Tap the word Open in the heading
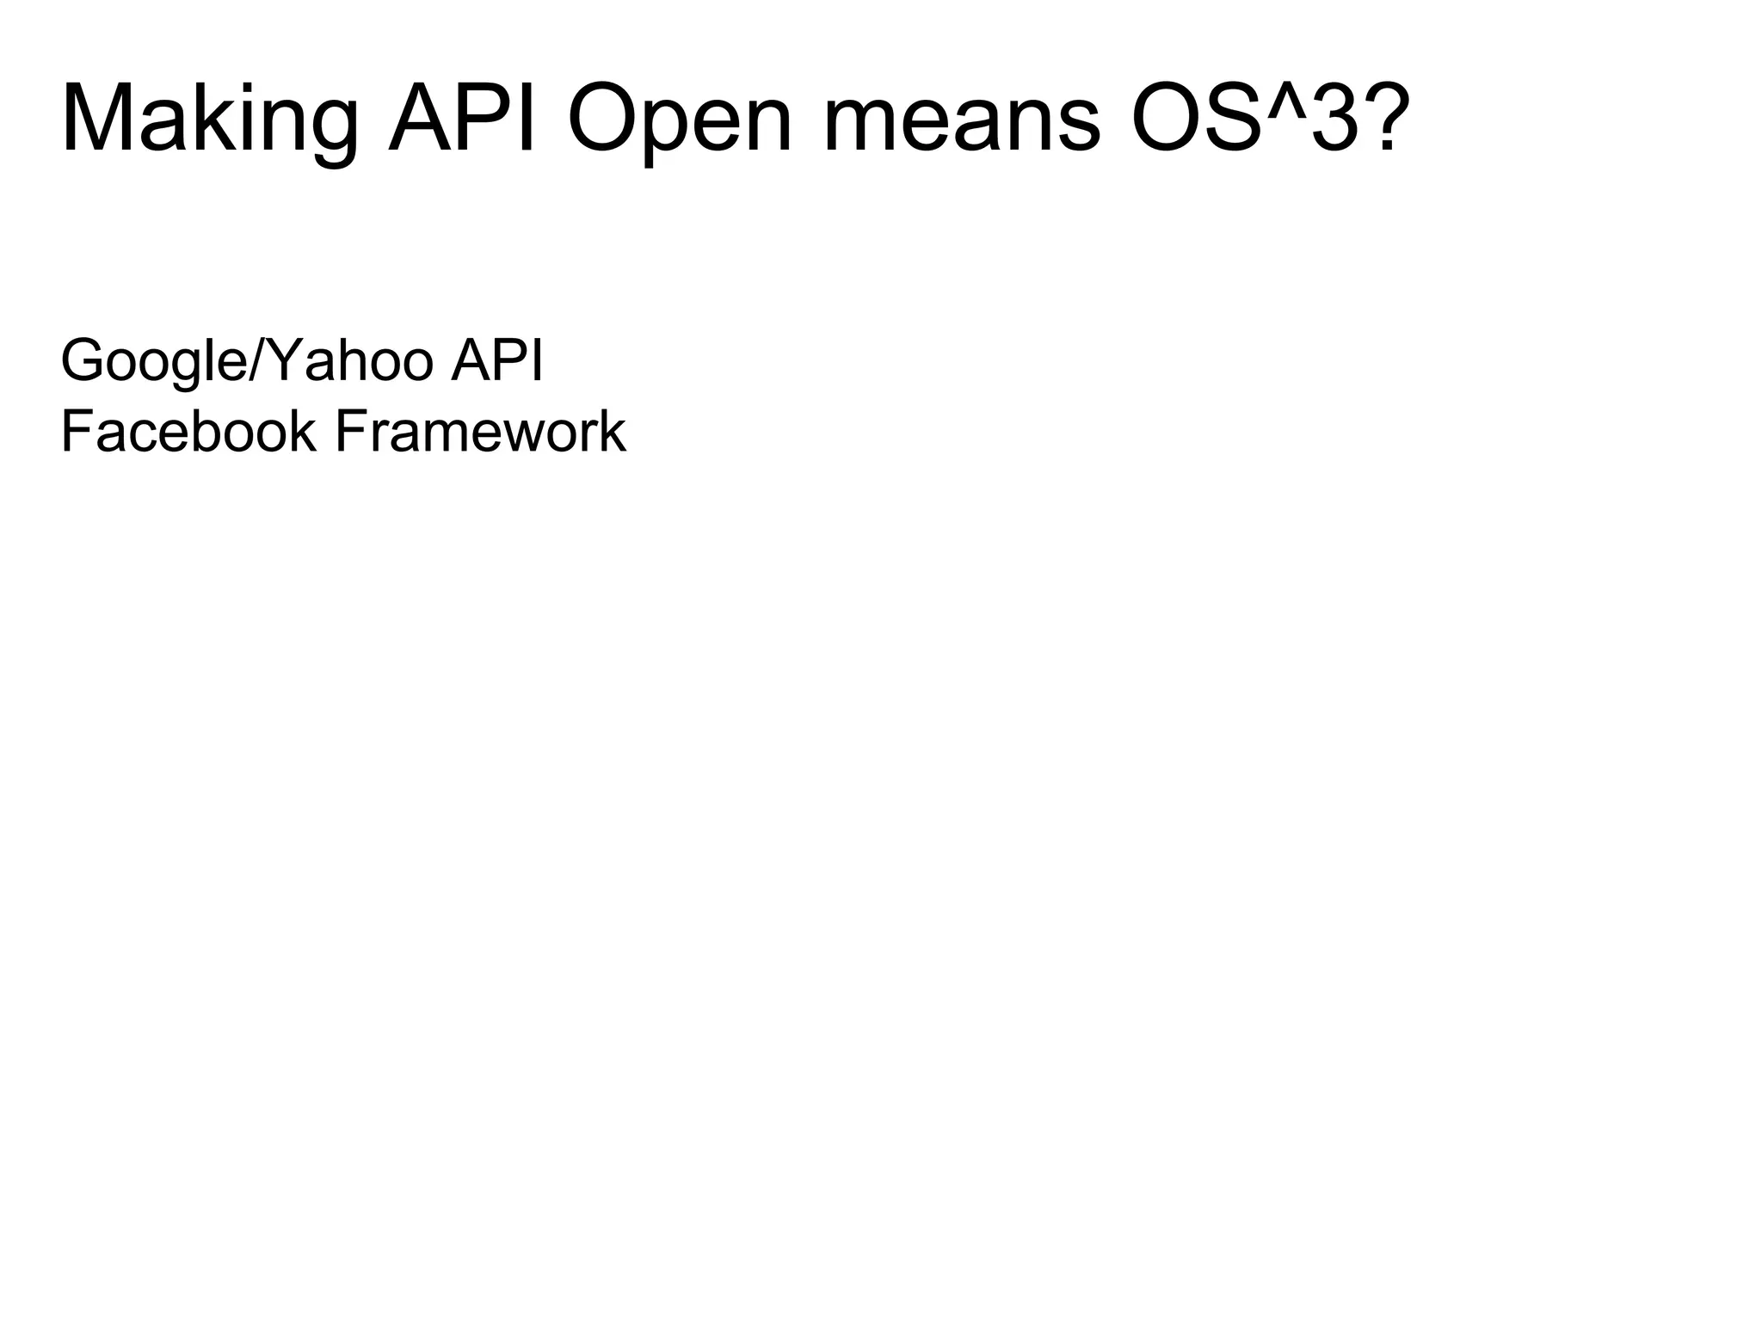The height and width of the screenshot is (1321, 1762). click(x=679, y=120)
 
